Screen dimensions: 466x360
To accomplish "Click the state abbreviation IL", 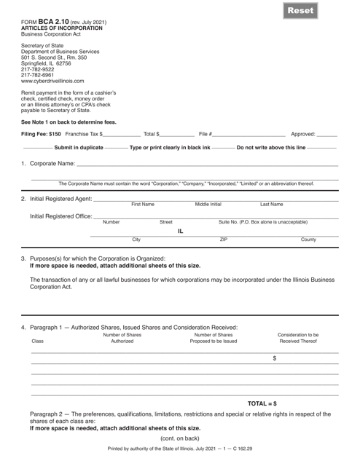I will coord(181,231).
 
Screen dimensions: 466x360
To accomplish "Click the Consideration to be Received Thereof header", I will coord(300,337).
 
